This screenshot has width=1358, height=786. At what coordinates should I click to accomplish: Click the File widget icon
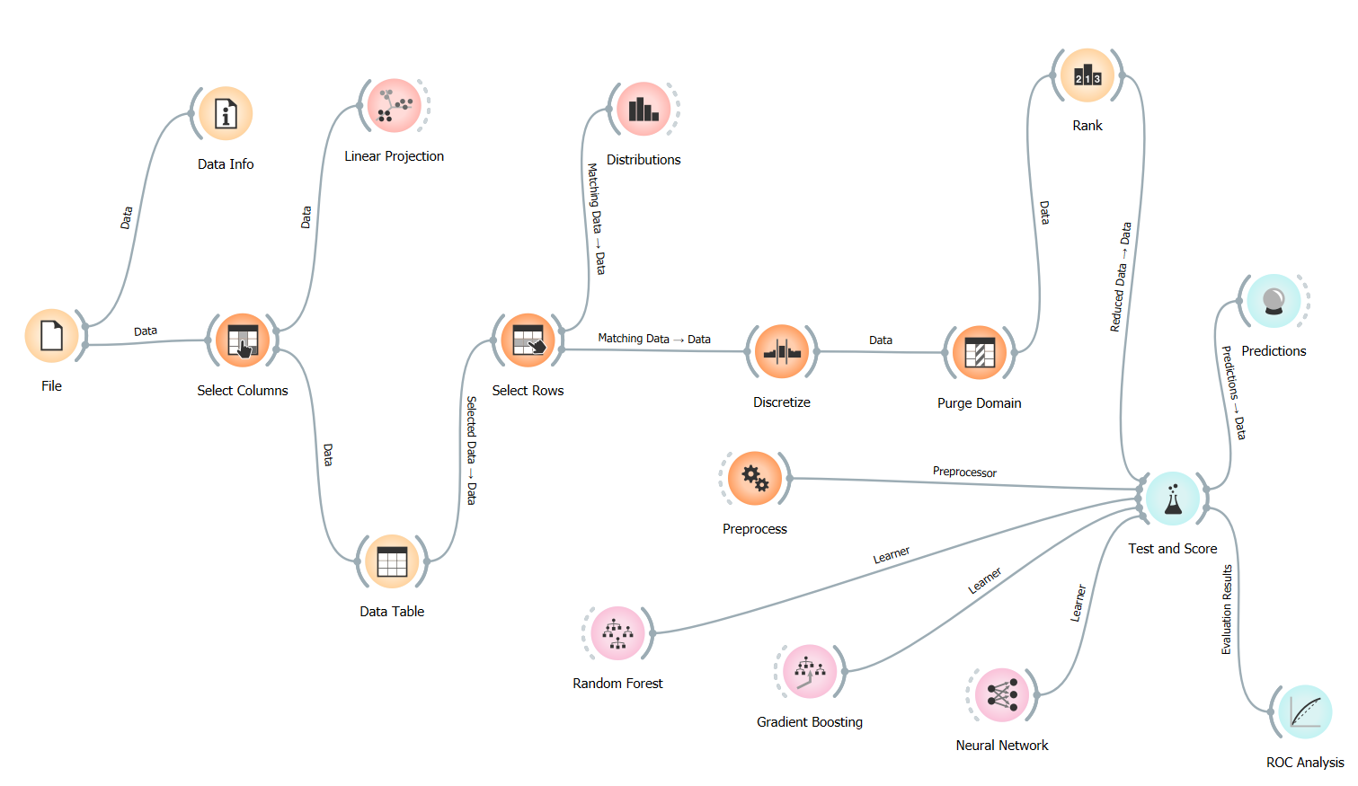52,336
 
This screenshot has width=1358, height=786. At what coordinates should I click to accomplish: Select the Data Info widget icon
226,114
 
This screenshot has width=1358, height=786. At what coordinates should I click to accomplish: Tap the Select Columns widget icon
243,340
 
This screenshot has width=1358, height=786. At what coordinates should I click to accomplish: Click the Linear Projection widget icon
394,106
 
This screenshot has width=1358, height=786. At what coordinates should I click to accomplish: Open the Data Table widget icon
392,561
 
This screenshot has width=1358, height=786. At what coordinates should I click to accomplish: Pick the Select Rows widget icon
528,340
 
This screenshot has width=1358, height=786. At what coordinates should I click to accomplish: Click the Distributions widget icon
643,110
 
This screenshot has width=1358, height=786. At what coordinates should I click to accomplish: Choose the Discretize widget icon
782,352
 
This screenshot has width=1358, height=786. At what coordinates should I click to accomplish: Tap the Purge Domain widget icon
979,353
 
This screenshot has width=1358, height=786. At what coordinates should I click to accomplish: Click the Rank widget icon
1087,75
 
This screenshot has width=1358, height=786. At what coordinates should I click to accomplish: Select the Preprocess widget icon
755,479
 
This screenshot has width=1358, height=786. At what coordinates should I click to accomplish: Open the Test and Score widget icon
1173,499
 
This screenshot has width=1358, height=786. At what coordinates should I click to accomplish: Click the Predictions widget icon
1274,301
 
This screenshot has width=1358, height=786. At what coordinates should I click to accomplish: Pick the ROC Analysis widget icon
1305,712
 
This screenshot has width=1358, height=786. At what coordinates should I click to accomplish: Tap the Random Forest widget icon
617,633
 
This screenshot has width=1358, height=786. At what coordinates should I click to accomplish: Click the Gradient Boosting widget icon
810,672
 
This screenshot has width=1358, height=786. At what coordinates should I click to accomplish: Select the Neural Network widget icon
1002,695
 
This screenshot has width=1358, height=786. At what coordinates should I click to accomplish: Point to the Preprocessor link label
964,472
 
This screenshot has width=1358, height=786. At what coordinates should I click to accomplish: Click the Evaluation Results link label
1227,609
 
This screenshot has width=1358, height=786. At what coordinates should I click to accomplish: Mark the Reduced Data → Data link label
1120,277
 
